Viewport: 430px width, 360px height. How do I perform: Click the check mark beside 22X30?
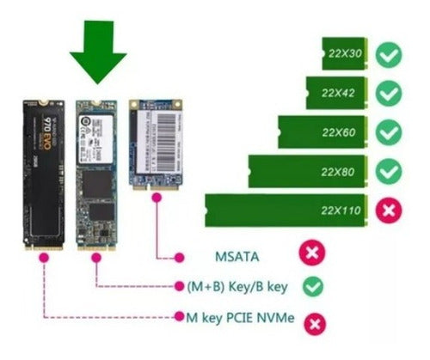point(390,54)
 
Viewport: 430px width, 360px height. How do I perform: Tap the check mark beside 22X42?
point(390,93)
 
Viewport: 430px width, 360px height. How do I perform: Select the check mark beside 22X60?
point(390,132)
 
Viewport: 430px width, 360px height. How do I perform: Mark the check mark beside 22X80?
point(390,171)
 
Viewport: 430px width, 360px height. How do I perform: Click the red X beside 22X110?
point(390,210)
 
